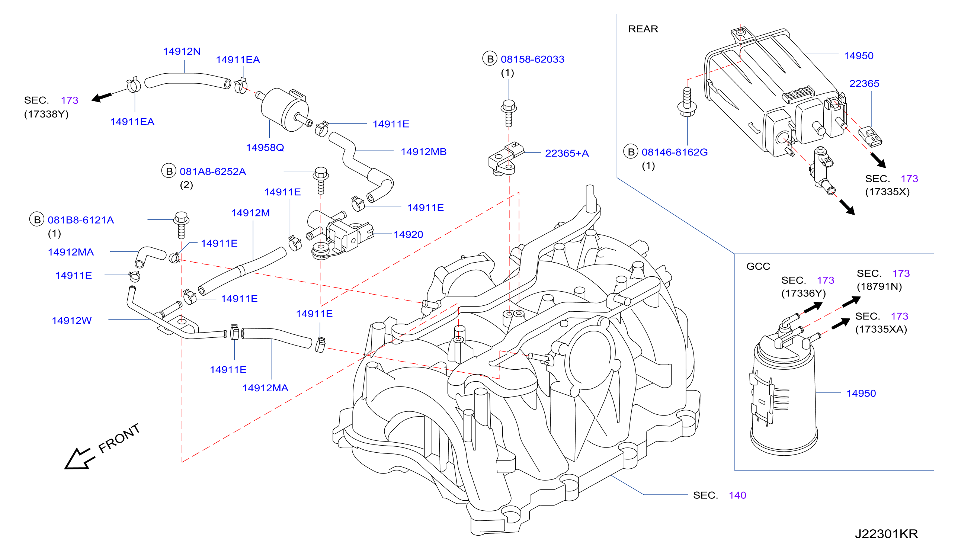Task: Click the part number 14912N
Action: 182,51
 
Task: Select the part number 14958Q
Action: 265,147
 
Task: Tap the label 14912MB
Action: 423,152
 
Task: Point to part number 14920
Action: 408,234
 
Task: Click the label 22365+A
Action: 567,153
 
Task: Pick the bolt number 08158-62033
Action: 532,59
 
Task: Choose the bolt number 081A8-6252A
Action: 213,171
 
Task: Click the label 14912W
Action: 72,320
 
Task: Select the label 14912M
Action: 251,213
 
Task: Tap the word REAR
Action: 643,29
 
